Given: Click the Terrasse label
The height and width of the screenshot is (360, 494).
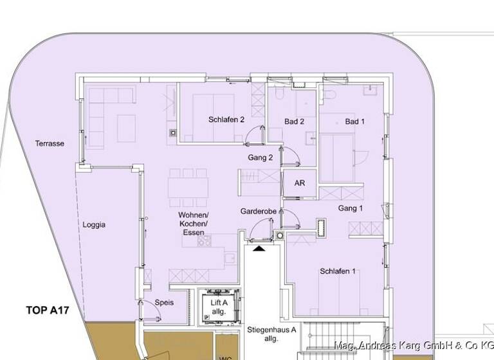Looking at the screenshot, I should tap(50, 144).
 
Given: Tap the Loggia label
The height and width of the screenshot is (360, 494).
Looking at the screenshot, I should tap(93, 225).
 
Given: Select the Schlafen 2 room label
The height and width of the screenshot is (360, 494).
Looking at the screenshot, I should tap(226, 120).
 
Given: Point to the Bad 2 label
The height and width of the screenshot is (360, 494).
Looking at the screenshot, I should tap(294, 122).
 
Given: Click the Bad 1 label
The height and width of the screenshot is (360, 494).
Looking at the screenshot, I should tap(354, 122).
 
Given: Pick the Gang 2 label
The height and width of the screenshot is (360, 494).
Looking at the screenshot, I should tap(261, 157).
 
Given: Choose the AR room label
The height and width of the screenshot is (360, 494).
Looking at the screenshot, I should tap(299, 183).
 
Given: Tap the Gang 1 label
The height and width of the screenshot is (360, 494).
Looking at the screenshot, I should tap(351, 208).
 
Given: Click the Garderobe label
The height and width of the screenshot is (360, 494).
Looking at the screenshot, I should tap(259, 211).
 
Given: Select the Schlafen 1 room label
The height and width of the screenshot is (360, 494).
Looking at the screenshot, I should tap(338, 271).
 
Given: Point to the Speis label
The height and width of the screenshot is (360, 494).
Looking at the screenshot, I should tap(164, 302).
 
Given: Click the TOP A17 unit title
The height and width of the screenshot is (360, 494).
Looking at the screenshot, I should tap(47, 310).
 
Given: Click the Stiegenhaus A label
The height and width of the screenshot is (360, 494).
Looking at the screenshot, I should tap(271, 334).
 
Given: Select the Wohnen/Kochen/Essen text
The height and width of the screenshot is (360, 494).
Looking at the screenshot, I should tap(193, 223).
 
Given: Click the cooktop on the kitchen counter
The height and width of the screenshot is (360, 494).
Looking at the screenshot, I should tap(205, 241).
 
